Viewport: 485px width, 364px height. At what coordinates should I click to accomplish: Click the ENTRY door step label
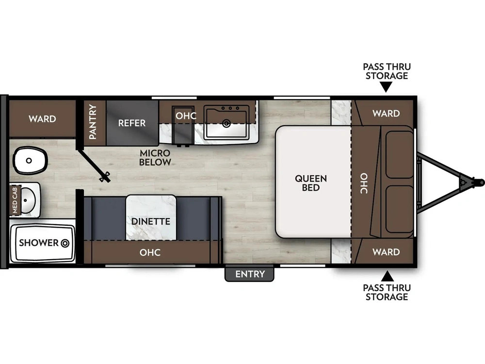point(249,274)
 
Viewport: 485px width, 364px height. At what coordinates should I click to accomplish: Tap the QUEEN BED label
point(310,183)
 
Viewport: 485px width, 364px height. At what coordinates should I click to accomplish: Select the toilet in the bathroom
point(30,160)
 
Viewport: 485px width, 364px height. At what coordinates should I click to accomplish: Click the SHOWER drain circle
point(65,243)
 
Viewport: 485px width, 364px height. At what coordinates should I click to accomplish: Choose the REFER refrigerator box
point(132,123)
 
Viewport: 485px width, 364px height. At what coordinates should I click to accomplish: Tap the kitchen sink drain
point(226,124)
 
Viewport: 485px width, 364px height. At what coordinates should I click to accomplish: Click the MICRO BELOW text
point(155,158)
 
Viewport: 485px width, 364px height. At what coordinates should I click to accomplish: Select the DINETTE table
point(151,217)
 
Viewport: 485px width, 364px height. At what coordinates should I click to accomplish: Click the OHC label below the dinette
point(150,252)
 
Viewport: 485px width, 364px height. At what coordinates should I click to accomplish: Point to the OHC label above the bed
point(364,183)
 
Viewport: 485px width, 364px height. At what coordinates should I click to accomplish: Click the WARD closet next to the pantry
point(42,118)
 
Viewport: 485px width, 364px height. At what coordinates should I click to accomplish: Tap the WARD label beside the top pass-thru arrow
point(386,113)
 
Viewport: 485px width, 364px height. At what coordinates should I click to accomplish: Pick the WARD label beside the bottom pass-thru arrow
point(386,251)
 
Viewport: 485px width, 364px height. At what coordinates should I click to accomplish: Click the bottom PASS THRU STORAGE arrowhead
point(387,276)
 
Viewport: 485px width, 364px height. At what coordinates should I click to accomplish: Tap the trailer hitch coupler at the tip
point(480,182)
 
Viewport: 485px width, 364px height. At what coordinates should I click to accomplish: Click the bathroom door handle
point(105,177)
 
